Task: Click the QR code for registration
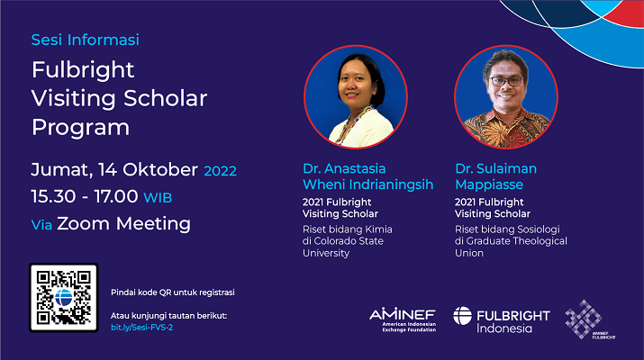(x=64, y=298)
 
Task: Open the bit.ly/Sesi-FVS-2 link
(x=141, y=328)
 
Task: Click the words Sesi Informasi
(x=85, y=40)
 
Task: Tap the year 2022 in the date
(x=220, y=171)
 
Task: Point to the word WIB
(x=158, y=198)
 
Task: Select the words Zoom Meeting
(x=123, y=224)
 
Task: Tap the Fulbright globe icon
(x=462, y=316)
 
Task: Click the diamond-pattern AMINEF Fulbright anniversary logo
(x=588, y=319)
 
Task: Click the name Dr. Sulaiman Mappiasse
(x=495, y=176)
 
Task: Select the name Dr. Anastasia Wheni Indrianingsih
(x=368, y=176)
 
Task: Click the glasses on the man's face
(x=506, y=81)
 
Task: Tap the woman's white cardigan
(x=360, y=129)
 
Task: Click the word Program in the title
(x=80, y=127)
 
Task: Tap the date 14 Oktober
(x=149, y=170)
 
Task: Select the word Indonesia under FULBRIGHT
(x=504, y=328)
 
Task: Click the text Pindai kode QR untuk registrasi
(x=173, y=292)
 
